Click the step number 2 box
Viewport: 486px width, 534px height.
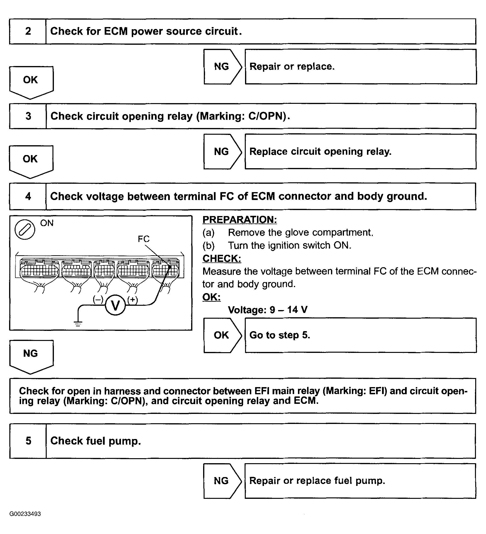pos(28,31)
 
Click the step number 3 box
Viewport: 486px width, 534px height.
pos(28,116)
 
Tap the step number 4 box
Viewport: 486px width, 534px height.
pos(28,196)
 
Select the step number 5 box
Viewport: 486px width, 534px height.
pos(28,441)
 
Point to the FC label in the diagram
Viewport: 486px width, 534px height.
pos(144,239)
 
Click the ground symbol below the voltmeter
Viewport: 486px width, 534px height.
pos(78,323)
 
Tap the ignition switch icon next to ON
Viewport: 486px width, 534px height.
pos(25,229)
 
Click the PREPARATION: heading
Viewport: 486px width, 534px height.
pos(240,220)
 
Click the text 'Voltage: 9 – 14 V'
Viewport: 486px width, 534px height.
pos(268,310)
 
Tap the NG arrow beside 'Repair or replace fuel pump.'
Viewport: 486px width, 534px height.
pos(222,481)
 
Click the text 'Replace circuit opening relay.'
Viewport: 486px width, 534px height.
pos(320,151)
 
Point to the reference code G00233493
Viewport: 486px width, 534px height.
pos(25,514)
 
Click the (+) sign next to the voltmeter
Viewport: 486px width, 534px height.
pos(132,300)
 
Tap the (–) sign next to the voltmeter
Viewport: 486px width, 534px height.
pos(98,300)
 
